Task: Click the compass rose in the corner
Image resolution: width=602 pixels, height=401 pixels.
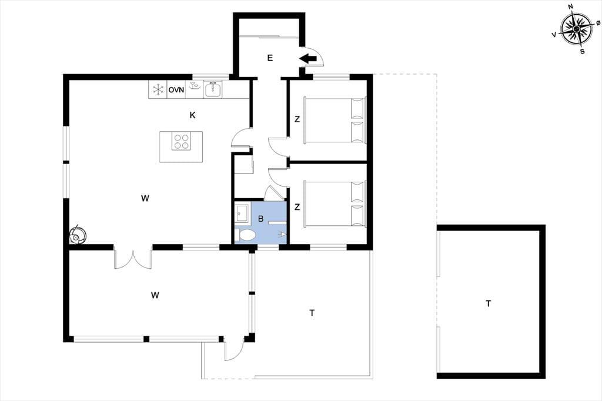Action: pos(577,29)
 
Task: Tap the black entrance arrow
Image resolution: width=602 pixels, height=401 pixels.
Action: pos(308,58)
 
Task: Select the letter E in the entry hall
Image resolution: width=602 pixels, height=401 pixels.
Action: pos(270,58)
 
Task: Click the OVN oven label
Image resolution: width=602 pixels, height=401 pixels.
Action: pos(176,90)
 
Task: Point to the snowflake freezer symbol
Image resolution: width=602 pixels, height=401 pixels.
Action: pos(158,90)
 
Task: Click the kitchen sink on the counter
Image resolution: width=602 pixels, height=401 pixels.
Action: pos(212,89)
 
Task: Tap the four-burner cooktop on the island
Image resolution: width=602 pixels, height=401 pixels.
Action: pos(181,141)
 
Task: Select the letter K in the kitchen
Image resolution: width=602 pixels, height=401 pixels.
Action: pos(193,115)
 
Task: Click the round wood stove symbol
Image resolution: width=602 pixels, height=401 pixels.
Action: pos(78,234)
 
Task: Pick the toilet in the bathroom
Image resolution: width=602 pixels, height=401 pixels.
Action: pos(245,235)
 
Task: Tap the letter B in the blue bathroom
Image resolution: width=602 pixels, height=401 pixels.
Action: pos(260,219)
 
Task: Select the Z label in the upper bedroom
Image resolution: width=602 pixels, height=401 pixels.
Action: pos(297,119)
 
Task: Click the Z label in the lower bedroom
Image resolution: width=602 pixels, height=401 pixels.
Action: pos(297,208)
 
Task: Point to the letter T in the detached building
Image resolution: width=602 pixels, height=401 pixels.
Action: pos(488,304)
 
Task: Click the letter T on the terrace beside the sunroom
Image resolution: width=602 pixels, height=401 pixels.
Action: pos(312,313)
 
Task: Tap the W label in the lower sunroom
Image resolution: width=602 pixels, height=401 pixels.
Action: pos(155,295)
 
